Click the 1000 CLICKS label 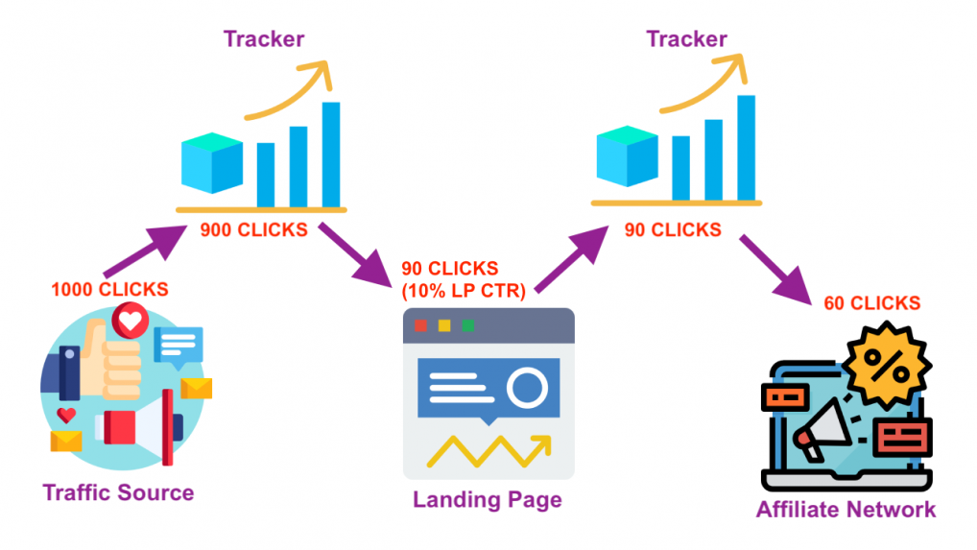[x=109, y=289]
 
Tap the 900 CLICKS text [x=253, y=230]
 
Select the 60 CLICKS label [x=871, y=303]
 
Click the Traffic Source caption [x=118, y=493]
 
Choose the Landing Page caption [x=488, y=500]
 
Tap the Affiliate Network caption [x=846, y=509]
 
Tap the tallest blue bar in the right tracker [x=745, y=149]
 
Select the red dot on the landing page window [x=420, y=325]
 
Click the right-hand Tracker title [x=686, y=39]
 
